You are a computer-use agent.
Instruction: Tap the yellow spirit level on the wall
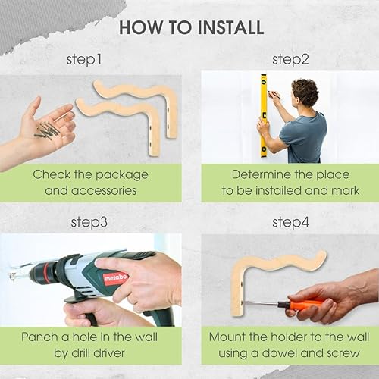(264, 114)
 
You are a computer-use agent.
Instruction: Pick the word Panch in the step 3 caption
(43, 337)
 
